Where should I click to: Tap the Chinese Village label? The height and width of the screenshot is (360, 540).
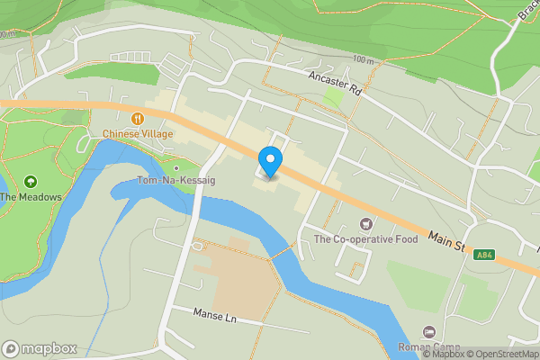(137, 134)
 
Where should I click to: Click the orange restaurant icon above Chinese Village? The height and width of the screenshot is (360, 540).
(137, 118)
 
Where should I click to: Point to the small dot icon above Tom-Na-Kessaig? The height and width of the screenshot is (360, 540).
(176, 167)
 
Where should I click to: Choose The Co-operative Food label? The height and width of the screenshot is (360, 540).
(365, 238)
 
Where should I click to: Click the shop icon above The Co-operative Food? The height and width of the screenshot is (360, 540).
(365, 223)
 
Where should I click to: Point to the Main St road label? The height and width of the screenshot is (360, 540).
(446, 241)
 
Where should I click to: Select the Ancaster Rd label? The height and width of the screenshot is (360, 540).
(334, 83)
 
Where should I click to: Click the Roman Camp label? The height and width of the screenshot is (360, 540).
(428, 347)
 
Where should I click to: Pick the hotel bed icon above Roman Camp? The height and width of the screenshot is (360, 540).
(428, 333)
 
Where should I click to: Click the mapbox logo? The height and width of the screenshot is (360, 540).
(40, 348)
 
